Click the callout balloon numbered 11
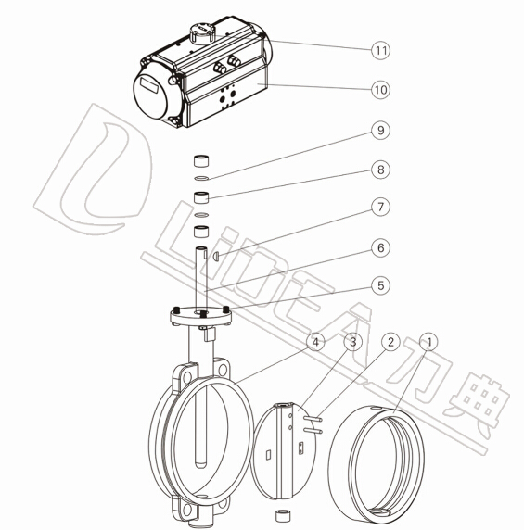pos(380,50)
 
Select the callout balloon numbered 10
pos(380,90)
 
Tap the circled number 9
pos(380,130)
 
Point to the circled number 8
pos(380,170)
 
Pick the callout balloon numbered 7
pos(380,207)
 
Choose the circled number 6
pos(380,247)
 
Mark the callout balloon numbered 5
pos(380,285)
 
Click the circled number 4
pos(315,342)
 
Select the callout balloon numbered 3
pos(352,342)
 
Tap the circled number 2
pos(390,342)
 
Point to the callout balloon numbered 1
pos(429,342)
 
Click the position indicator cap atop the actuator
pos(202,33)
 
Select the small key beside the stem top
pos(216,257)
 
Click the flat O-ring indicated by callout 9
pos(201,178)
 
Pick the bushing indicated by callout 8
pos(201,197)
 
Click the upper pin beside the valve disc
pos(313,419)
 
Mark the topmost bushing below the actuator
pos(201,160)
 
